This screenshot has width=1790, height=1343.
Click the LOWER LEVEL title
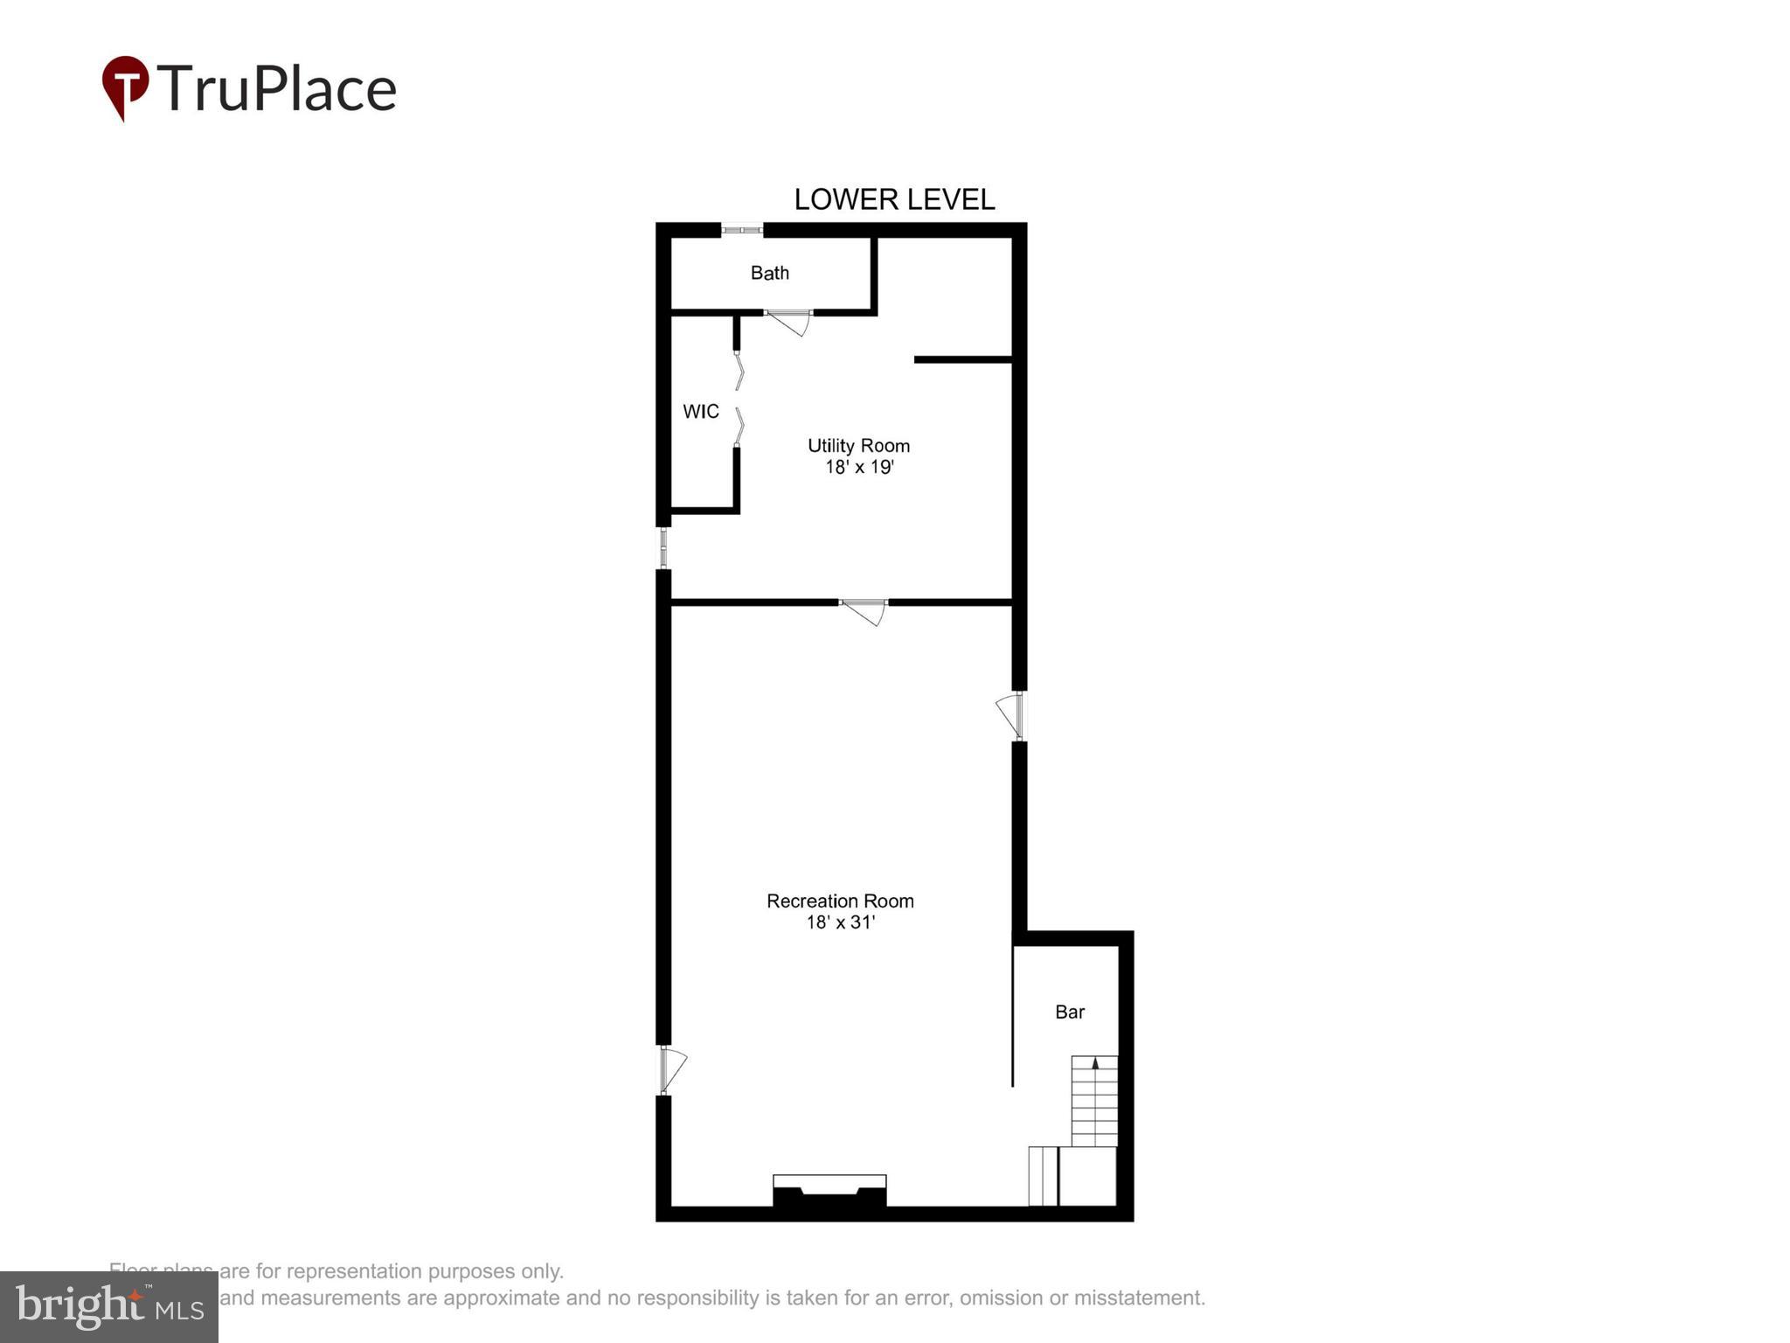pos(893,199)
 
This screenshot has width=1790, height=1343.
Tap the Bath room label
pos(769,273)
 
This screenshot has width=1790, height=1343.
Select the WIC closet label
pos(700,411)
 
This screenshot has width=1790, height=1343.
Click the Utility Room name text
pos(858,446)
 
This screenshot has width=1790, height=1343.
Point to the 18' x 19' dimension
pos(858,467)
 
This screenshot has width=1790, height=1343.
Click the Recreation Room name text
pos(840,901)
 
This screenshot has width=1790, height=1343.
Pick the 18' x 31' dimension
pos(840,922)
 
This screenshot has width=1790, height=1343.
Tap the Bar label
pos(1069,1012)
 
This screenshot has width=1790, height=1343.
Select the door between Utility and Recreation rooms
pos(864,611)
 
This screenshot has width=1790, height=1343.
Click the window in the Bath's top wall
pos(742,230)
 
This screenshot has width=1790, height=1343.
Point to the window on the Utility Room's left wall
pos(663,548)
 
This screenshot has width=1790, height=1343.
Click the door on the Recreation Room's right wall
pos(1011,715)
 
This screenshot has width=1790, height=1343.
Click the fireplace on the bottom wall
pos(829,1192)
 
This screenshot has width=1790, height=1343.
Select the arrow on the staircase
pos(1095,1063)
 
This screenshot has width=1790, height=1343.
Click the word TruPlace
pos(277,89)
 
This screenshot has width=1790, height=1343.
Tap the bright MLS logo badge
pos(108,1307)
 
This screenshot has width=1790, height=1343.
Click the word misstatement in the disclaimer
pos(1144,1298)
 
